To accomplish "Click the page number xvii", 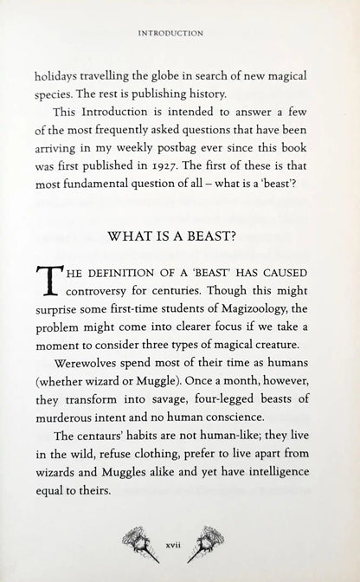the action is pyautogui.click(x=180, y=546).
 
